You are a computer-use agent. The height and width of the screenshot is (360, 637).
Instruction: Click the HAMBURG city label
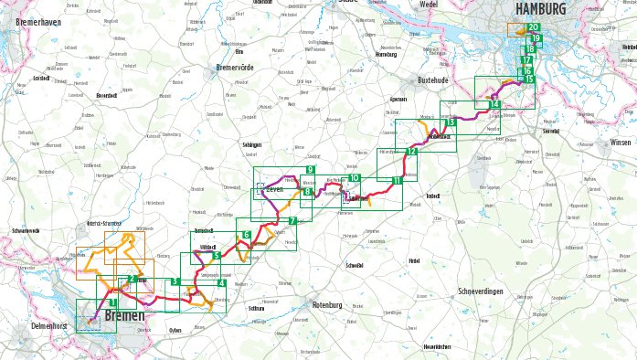click(x=541, y=8)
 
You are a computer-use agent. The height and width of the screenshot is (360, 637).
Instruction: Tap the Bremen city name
click(x=124, y=316)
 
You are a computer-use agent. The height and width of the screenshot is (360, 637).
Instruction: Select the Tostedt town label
click(x=433, y=196)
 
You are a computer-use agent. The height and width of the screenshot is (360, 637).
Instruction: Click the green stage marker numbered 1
click(x=112, y=302)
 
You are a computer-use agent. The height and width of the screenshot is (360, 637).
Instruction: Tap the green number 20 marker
click(x=533, y=28)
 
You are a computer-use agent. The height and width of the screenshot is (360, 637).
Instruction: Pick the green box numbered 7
click(x=292, y=221)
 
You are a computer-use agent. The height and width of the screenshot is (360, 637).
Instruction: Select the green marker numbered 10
click(x=354, y=177)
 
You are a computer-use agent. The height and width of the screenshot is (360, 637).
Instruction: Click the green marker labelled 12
click(x=412, y=152)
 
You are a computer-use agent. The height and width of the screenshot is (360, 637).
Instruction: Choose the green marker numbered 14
click(x=494, y=105)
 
